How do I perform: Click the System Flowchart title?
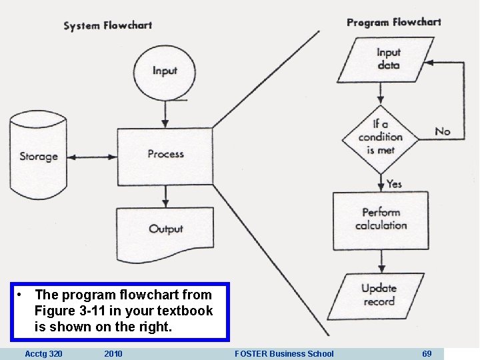click(107, 26)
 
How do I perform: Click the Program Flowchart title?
click(393, 22)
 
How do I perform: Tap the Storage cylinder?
click(39, 157)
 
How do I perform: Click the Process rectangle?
click(165, 154)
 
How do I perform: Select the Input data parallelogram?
click(388, 59)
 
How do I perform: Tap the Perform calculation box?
click(381, 219)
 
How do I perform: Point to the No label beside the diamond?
click(443, 131)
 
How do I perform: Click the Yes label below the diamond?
click(395, 183)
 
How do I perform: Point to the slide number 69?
click(427, 353)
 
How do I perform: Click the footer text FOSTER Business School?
click(284, 353)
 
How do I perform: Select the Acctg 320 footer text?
click(43, 353)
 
